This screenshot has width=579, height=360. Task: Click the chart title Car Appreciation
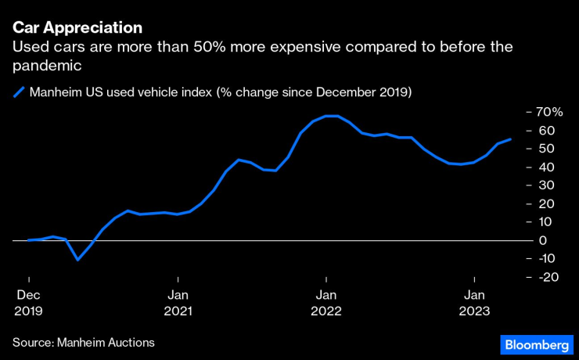(77, 27)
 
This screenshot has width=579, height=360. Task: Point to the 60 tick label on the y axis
(545, 130)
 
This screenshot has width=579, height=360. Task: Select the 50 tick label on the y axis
(545, 149)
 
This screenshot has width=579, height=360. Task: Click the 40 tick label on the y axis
(545, 167)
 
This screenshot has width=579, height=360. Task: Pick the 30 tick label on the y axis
(545, 185)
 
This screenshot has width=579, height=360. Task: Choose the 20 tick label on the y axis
(545, 203)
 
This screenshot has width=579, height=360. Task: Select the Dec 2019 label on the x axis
(28, 303)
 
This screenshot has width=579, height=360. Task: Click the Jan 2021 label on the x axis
(178, 303)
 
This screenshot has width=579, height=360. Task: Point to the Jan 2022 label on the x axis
(326, 303)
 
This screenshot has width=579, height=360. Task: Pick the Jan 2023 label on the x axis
(474, 303)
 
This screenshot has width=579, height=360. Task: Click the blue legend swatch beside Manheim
(18, 92)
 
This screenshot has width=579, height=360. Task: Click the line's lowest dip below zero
(77, 259)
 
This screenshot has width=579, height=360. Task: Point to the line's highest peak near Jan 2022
(332, 116)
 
